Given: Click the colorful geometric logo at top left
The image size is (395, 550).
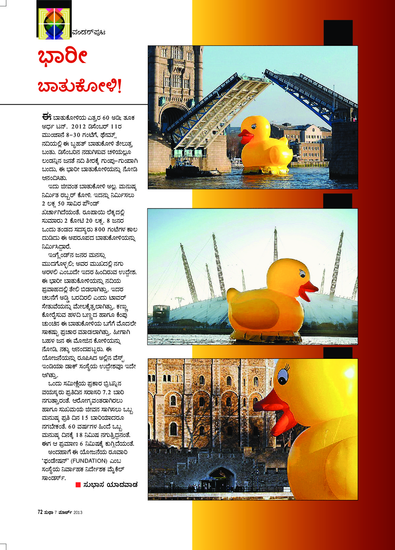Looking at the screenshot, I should (x=54, y=23).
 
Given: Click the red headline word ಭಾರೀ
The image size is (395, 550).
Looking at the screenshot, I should (x=63, y=56).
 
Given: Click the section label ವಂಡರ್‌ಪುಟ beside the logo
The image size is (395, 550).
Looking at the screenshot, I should (x=89, y=33).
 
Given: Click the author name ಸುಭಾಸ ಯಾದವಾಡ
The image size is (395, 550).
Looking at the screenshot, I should (x=111, y=485).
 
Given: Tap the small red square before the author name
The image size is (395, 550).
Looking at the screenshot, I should (x=78, y=485).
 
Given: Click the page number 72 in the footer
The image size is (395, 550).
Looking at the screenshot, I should (x=40, y=512).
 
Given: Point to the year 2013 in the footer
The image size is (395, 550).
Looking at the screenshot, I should (x=78, y=513).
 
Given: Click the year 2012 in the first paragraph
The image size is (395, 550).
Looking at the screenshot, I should (x=79, y=127).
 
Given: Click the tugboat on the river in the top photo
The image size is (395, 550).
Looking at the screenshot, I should (x=182, y=169).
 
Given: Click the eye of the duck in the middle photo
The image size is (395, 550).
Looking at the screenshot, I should (x=302, y=273).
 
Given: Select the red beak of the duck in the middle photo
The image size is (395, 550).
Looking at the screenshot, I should (x=308, y=291).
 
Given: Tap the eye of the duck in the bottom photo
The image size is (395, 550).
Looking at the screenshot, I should (x=283, y=375).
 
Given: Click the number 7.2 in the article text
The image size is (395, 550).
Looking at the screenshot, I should (x=107, y=392).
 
